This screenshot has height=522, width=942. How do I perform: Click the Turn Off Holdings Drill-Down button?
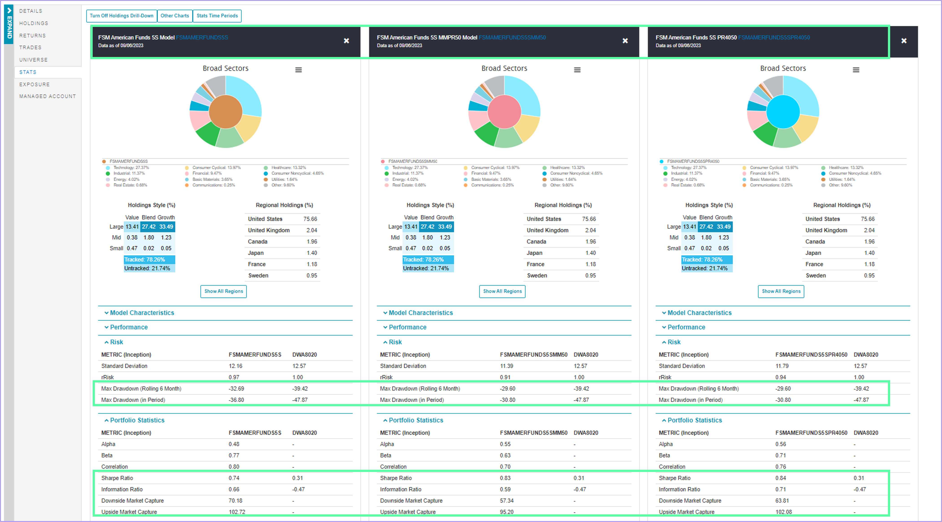(x=121, y=16)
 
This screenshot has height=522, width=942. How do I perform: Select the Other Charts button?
(x=175, y=16)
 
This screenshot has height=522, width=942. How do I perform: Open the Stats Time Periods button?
(x=217, y=16)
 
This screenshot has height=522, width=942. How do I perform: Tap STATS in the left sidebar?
(x=28, y=72)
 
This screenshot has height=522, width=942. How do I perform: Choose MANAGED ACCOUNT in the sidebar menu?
(x=48, y=96)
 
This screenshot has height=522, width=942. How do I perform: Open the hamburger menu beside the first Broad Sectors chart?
(x=298, y=70)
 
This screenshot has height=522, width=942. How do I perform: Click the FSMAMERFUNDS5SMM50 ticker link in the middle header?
(x=512, y=37)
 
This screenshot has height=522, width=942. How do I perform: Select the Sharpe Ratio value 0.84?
(x=781, y=478)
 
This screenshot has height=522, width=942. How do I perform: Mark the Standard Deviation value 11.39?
(x=506, y=366)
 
